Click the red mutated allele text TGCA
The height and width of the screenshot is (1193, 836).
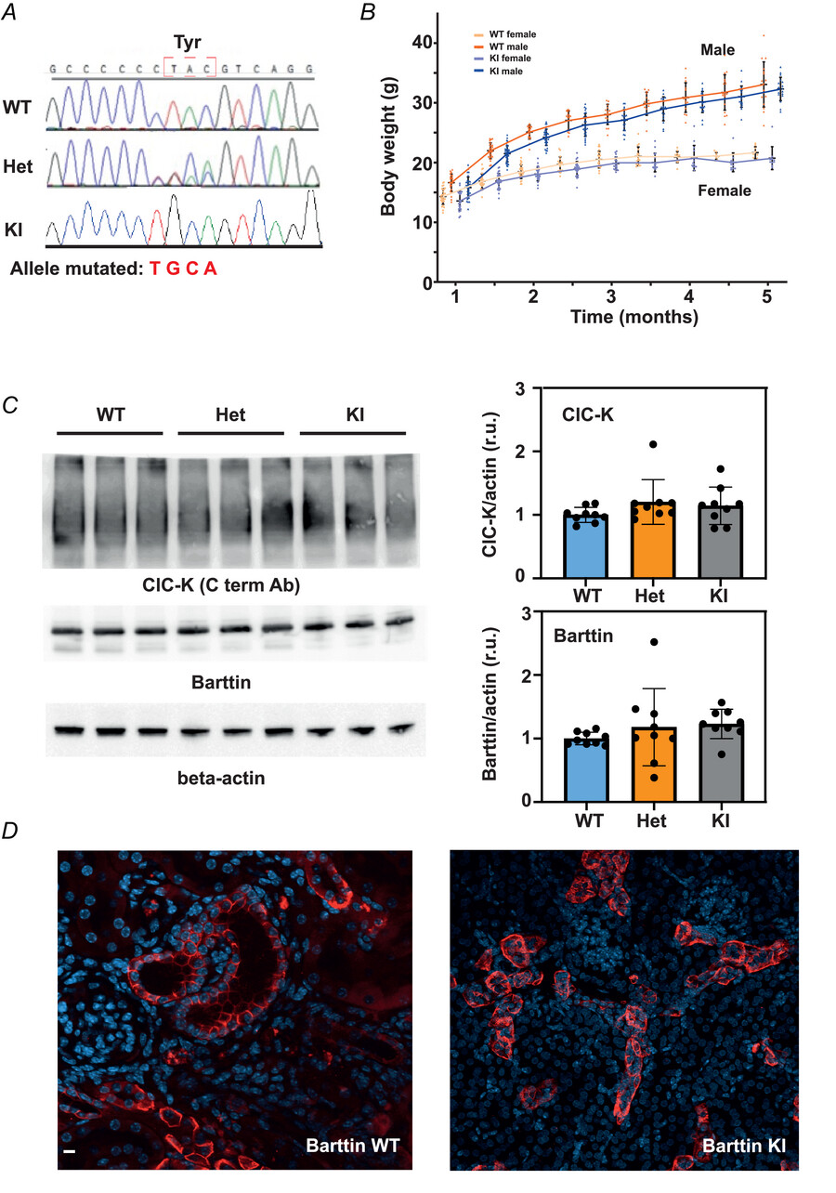pyautogui.click(x=189, y=269)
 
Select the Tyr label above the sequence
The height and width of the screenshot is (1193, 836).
pyautogui.click(x=189, y=44)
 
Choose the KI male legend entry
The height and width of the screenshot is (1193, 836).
pyautogui.click(x=502, y=70)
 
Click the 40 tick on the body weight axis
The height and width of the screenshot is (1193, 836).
pyautogui.click(x=424, y=43)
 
